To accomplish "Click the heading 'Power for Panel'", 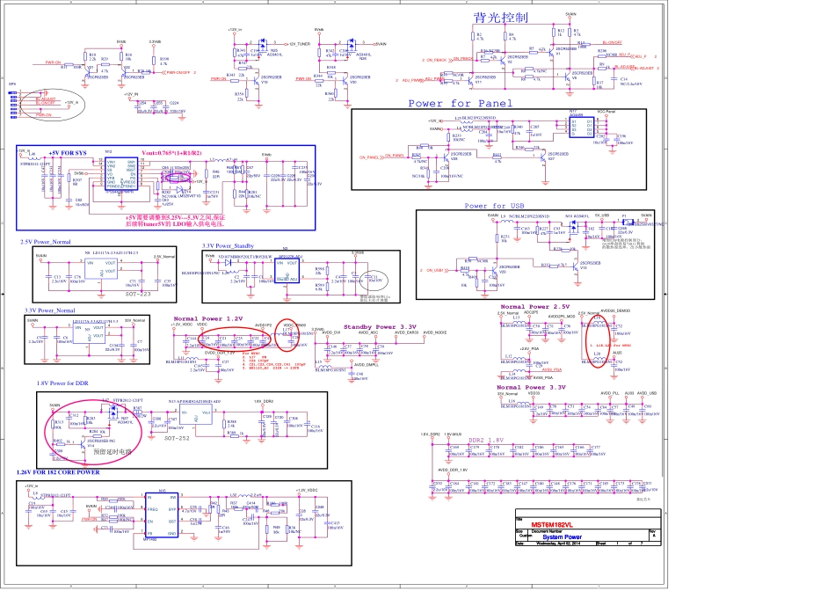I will point(460,104).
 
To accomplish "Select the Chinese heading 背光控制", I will point(500,18).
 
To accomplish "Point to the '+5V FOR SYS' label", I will point(68,152).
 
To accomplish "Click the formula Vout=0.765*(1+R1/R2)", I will point(172,152).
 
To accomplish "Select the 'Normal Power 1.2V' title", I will point(207,318).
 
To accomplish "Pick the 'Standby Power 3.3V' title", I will point(380,326).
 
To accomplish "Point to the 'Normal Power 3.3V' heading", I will point(532,387).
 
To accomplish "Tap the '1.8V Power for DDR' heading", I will point(62,383).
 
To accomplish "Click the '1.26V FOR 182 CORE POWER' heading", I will point(58,472).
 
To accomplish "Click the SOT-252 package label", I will point(177,437).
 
